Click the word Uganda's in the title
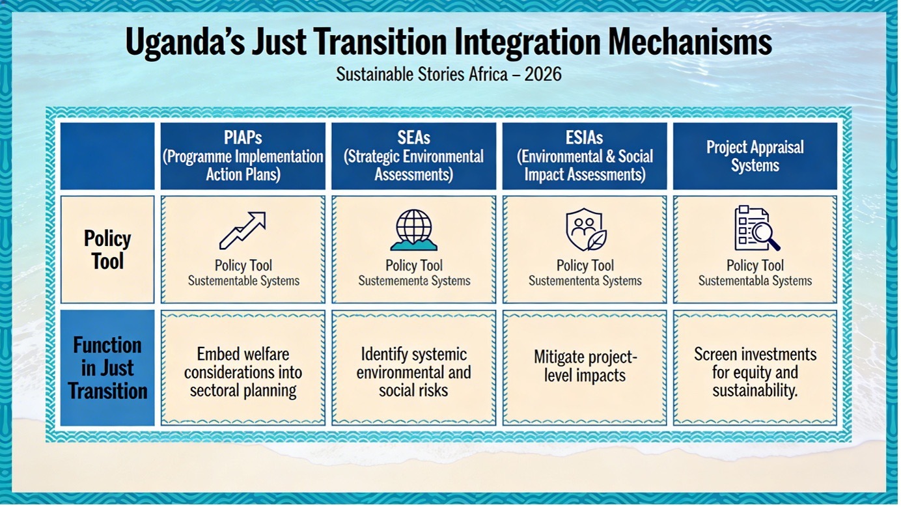click(185, 42)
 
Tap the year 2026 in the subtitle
click(542, 74)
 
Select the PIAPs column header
click(243, 156)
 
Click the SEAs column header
click(413, 156)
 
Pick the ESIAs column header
click(585, 156)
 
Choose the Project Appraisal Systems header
click(755, 156)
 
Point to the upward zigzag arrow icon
click(243, 230)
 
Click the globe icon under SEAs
click(414, 230)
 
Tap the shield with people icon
click(586, 230)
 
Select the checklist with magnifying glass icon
click(757, 228)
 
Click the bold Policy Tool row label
click(107, 250)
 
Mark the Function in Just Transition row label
click(107, 368)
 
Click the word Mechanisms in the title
click(690, 42)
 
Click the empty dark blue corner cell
click(107, 156)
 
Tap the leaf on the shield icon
click(597, 240)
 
